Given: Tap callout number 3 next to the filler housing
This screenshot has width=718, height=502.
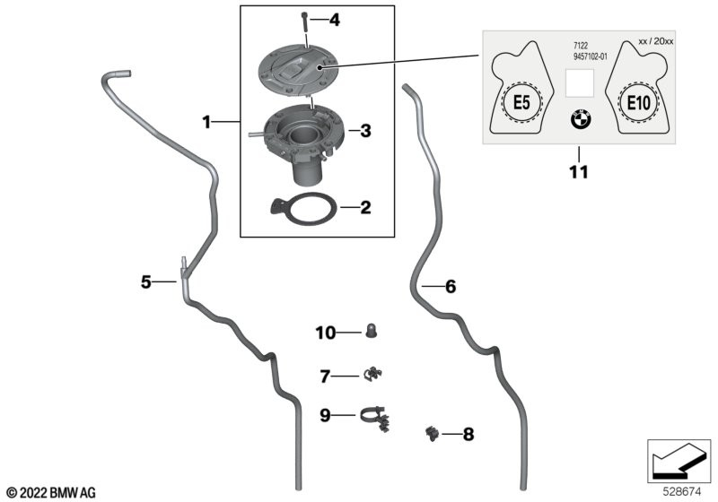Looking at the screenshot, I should [x=364, y=131].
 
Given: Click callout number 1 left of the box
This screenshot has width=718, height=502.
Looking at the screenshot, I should [x=206, y=121].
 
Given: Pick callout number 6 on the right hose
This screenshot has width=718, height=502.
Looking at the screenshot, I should [x=451, y=287].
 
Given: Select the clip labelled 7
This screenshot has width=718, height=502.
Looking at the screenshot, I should [x=372, y=374].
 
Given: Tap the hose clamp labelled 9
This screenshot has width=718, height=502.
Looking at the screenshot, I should [x=376, y=415].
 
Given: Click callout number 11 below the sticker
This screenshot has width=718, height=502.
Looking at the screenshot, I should [x=579, y=170].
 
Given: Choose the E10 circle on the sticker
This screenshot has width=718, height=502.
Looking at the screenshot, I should [x=638, y=103].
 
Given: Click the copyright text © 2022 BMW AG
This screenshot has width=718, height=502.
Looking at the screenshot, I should [x=51, y=492].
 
